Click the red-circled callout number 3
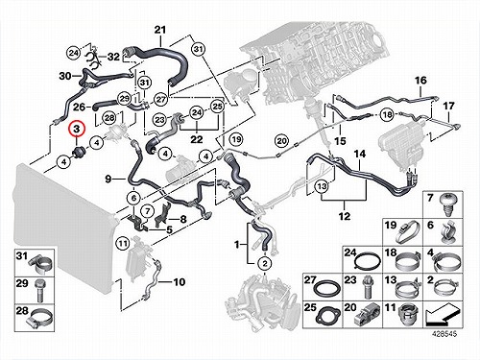(x=77, y=130)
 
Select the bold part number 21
(x=160, y=30)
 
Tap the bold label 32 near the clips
(x=113, y=57)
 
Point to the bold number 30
(x=65, y=76)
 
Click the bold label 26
(x=80, y=107)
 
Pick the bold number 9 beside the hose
(x=108, y=179)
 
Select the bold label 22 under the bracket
(x=197, y=139)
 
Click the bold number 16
(x=420, y=80)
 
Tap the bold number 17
(x=448, y=106)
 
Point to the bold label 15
(x=340, y=140)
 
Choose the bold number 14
(x=360, y=154)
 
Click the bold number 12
(x=345, y=216)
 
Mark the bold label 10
(x=180, y=282)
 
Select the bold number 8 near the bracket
(x=183, y=219)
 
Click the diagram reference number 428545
(x=444, y=334)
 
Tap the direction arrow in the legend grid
(x=443, y=314)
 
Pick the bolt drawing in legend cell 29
(x=39, y=291)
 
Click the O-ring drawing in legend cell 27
(x=327, y=288)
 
